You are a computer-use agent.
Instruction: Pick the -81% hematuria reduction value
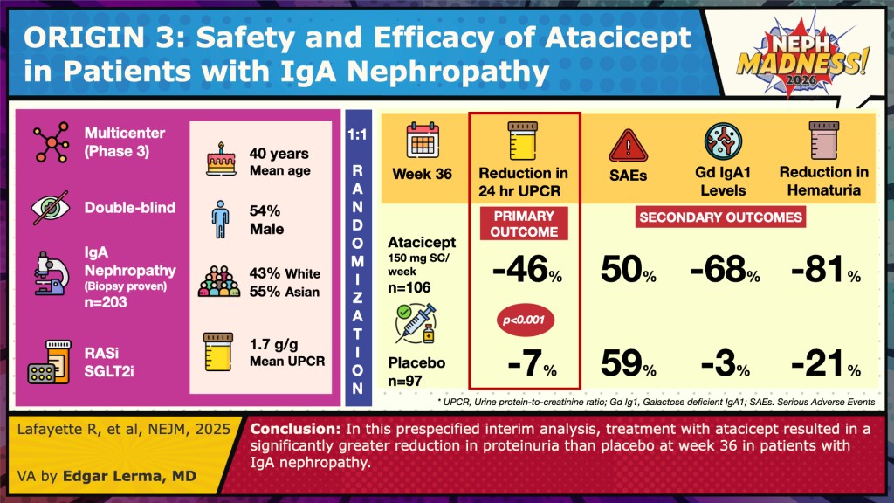tap(823, 272)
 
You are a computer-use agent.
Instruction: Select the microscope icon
tap(48, 271)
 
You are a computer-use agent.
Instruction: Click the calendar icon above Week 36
tap(423, 141)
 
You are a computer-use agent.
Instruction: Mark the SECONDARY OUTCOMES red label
tap(721, 217)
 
